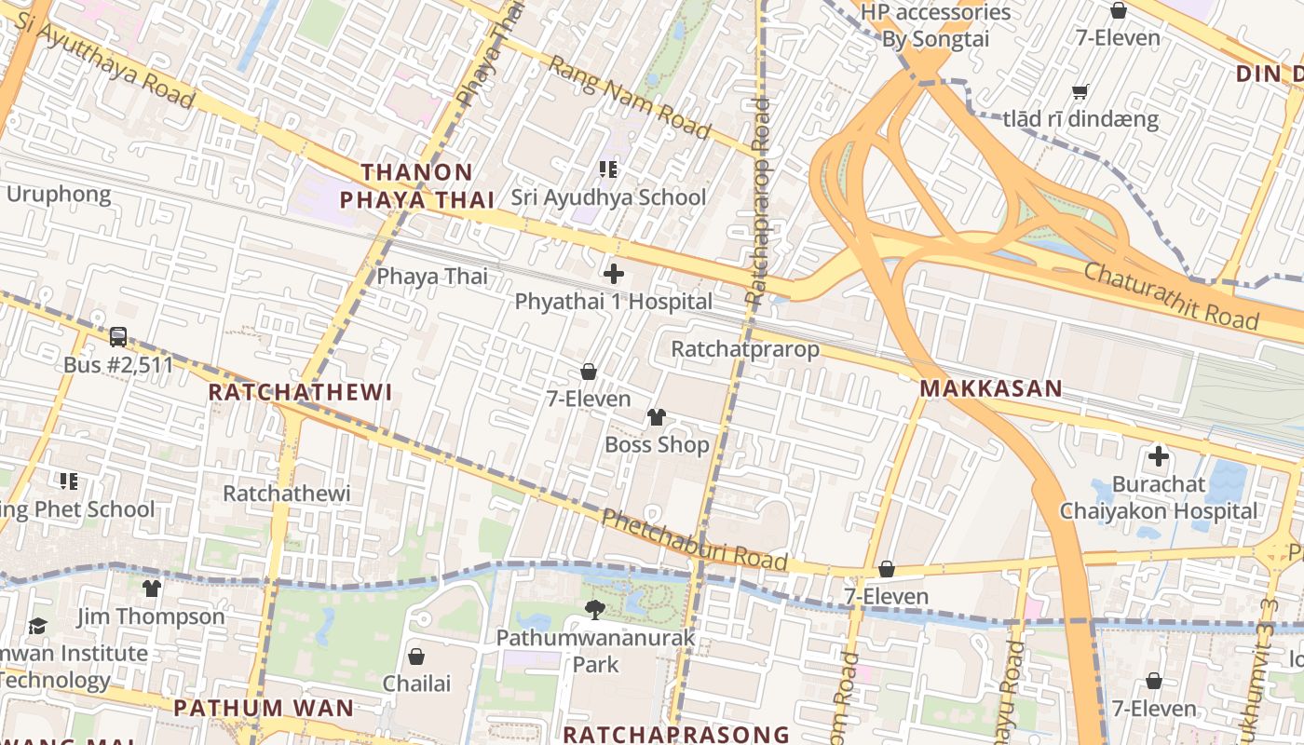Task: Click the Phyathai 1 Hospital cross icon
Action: [x=614, y=274]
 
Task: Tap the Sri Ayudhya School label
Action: [x=608, y=197]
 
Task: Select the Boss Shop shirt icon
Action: [x=657, y=416]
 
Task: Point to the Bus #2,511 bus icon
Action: [x=118, y=337]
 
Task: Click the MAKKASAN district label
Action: [x=991, y=388]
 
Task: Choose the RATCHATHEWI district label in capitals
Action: [x=300, y=392]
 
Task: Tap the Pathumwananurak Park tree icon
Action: [x=594, y=610]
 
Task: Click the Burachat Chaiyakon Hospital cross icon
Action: [x=1159, y=456]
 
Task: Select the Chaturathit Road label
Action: [x=1172, y=294]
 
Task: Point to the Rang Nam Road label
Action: [x=629, y=97]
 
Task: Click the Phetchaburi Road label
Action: [x=695, y=541]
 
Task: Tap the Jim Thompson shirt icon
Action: [x=152, y=589]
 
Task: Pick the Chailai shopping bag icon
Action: [x=416, y=657]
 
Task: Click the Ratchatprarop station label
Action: [x=745, y=349]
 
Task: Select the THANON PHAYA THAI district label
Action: [x=416, y=185]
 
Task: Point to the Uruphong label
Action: [x=59, y=195]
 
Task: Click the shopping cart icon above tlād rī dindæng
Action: [x=1080, y=91]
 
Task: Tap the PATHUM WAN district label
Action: [x=264, y=708]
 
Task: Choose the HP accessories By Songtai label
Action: [x=935, y=25]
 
